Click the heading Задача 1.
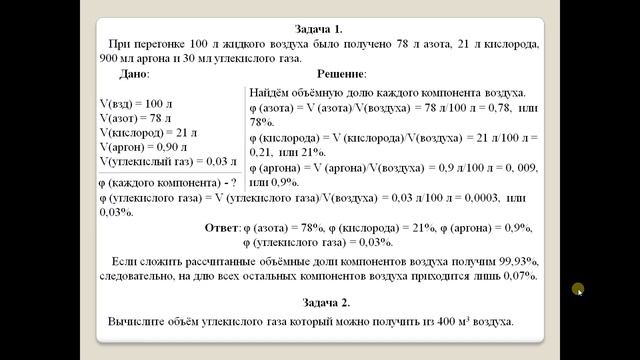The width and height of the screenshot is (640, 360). tap(320, 29)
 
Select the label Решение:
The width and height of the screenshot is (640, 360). tap(342, 74)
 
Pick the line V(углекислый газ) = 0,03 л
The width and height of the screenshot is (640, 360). tap(169, 160)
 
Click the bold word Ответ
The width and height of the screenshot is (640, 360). tap(222, 227)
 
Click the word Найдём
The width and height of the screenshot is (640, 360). tap(272, 91)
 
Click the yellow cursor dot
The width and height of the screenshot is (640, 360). tap(577, 290)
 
